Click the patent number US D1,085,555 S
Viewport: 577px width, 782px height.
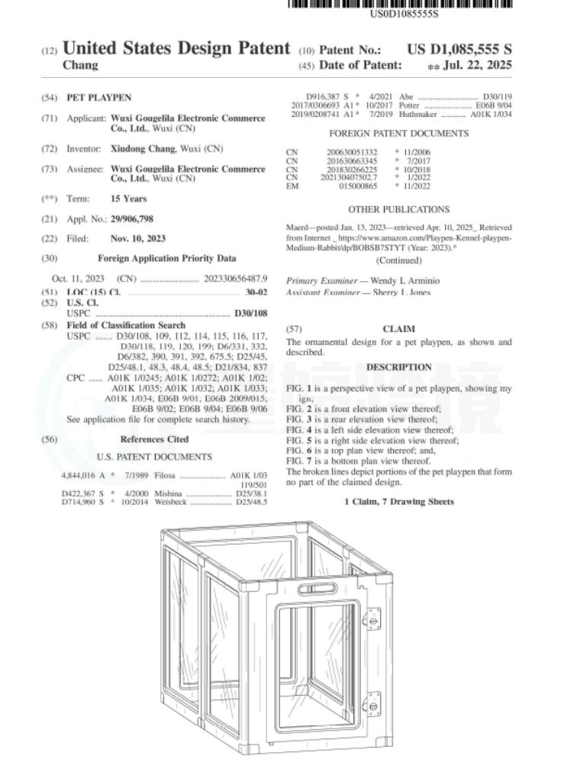[459, 50]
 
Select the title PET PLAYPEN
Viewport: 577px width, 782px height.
[111, 99]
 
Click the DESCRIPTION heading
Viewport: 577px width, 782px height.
[398, 367]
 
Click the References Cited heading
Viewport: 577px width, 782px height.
[155, 439]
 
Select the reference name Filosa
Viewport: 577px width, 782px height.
[166, 475]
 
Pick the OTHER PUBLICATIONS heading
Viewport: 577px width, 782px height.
[398, 208]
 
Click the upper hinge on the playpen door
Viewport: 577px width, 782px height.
[371, 617]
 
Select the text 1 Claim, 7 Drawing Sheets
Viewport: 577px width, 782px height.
[398, 501]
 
